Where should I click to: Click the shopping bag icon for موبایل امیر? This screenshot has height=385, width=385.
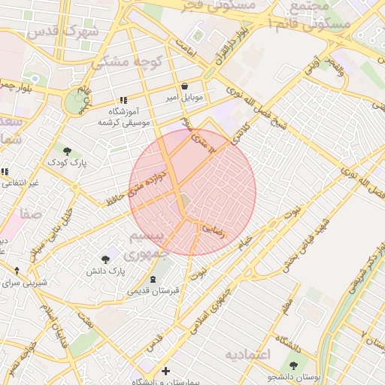(185, 86)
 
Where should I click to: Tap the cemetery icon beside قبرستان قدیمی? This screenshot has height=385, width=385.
(153, 279)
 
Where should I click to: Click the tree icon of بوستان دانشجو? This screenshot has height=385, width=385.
(293, 366)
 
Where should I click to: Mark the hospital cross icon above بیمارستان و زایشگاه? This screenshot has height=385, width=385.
(165, 371)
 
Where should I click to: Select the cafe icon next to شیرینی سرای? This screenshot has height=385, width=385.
(17, 271)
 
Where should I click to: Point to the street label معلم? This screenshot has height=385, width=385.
(287, 303)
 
